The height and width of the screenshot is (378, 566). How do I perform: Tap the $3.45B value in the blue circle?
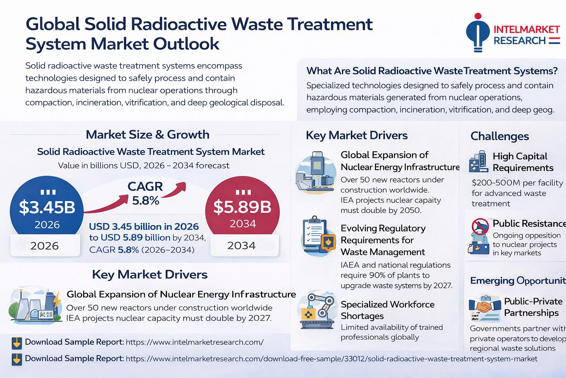(47, 207)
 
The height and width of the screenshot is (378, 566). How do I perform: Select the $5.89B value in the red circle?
(242, 207)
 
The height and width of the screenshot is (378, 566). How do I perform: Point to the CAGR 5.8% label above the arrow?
(145, 193)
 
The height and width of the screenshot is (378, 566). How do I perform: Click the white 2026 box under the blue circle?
(45, 246)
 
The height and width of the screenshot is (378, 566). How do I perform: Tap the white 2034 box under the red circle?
(242, 245)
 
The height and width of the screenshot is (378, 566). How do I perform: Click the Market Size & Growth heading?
(147, 134)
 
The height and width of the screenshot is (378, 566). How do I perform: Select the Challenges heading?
(500, 136)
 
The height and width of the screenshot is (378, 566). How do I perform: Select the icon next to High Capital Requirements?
(479, 162)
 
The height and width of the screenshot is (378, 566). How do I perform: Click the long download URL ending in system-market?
(331, 359)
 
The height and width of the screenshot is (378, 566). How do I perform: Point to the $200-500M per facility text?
(517, 183)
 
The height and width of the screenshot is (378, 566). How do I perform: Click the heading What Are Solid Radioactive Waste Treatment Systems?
(432, 71)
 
